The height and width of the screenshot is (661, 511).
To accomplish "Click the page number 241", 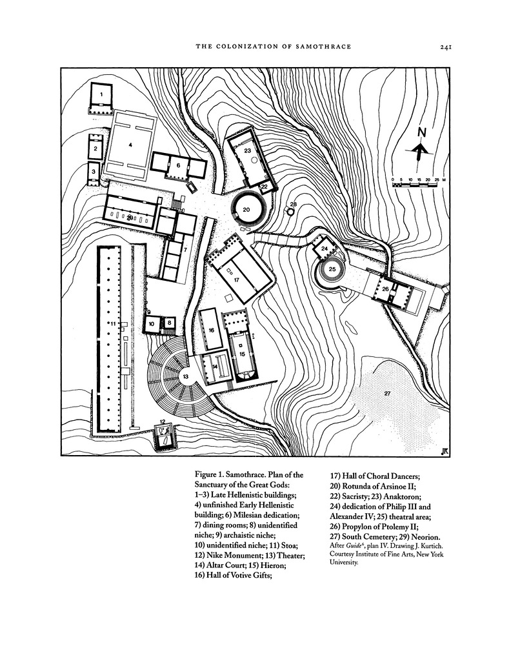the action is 445,46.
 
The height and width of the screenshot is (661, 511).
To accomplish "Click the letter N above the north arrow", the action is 421,132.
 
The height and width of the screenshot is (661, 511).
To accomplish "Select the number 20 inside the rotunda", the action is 246,210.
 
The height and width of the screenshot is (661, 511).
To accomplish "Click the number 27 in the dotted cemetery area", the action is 388,393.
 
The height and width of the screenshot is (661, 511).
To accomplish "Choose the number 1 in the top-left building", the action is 101,94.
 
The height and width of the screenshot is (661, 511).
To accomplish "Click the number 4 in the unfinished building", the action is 130,144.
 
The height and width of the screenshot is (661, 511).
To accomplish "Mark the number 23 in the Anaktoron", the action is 248,150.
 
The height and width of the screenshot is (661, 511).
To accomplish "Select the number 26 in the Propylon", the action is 385,289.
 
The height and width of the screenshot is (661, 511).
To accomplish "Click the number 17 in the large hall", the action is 236,280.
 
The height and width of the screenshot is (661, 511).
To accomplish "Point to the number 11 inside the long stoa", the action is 113,324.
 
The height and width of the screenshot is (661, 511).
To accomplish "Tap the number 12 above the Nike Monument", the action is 163,421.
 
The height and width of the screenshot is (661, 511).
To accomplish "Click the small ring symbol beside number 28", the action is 290,211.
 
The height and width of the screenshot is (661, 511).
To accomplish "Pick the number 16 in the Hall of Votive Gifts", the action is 212,330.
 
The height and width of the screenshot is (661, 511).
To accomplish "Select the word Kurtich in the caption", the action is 431,546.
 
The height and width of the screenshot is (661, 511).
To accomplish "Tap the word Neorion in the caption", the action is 426,537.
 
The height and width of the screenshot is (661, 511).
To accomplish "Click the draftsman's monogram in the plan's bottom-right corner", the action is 444,451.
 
